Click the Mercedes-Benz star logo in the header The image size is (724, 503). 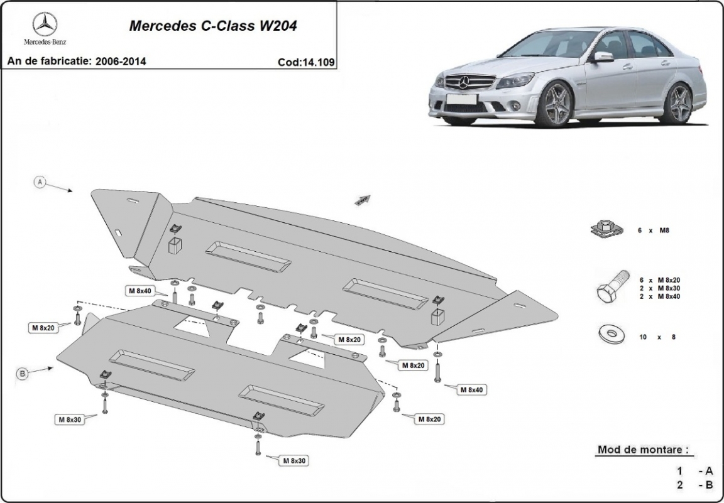coord(45,25)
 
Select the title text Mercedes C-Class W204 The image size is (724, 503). coord(213,26)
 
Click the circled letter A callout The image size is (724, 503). coord(40,181)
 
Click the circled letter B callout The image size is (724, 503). coord(23,374)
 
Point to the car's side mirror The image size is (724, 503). coord(603,57)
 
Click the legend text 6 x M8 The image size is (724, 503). coord(654,231)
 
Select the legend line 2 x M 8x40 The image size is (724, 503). coord(659,296)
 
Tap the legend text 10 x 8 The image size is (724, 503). coord(657,337)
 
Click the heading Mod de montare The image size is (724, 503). coord(642,450)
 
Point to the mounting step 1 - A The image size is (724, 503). coord(694,470)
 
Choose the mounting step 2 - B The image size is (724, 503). coord(694,485)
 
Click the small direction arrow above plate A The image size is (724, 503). coord(363,200)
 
